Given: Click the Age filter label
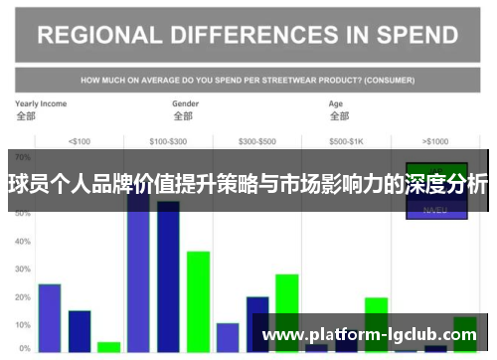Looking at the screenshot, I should point(336,103).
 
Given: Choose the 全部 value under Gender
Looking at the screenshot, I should point(183,116).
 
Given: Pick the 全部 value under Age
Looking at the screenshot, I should point(338,116).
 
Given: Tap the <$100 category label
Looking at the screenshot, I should point(78,141).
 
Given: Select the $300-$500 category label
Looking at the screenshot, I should point(257,141).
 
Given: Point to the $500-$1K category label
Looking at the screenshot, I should point(346,141).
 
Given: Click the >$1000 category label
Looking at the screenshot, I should point(435,141).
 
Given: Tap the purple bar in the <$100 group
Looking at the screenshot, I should point(50,317).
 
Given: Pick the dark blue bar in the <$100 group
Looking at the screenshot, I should point(80,330).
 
